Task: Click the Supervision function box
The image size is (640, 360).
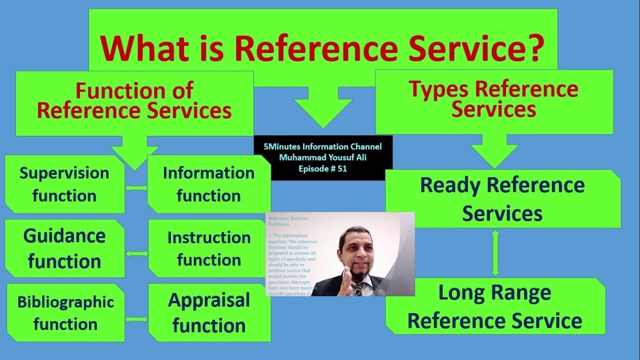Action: [64, 184]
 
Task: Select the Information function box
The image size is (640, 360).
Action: [208, 184]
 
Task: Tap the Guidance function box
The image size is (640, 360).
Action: [64, 248]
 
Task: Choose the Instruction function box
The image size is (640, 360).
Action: [209, 248]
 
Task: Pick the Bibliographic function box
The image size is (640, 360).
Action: [65, 313]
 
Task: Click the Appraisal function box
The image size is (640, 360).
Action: [209, 313]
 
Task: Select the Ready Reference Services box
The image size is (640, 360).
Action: [502, 199]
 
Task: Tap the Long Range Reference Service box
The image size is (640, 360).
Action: [494, 306]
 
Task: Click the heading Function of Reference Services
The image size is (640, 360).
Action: [134, 101]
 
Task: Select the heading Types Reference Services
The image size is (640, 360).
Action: [494, 99]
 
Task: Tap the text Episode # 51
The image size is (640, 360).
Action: [322, 169]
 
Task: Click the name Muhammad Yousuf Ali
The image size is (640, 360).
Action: [322, 158]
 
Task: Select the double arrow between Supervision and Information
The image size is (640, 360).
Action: [136, 188]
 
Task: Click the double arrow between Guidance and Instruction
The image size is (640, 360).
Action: [136, 253]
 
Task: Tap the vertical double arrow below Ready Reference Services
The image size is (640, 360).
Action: [495, 252]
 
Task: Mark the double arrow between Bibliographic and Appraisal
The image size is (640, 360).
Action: [136, 319]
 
